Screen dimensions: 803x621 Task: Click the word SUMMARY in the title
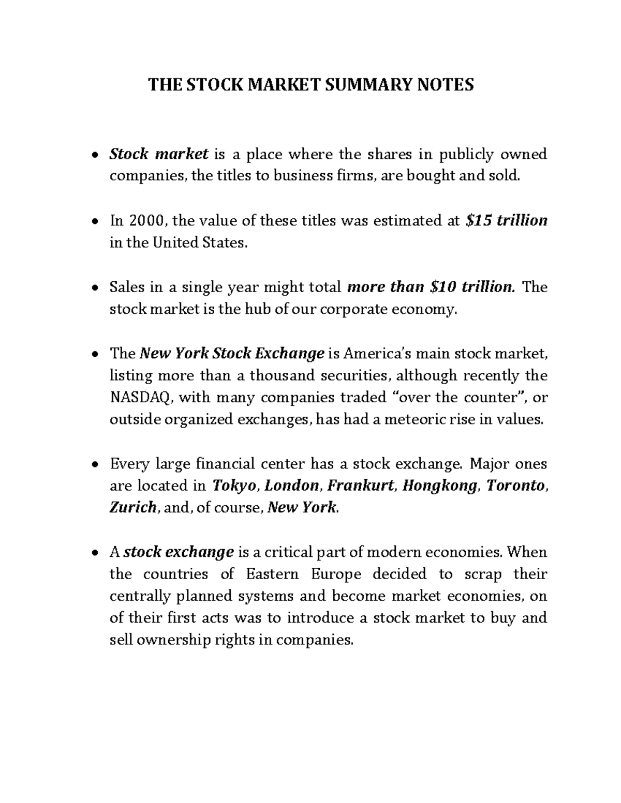(365, 84)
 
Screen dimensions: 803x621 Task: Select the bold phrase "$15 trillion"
(506, 221)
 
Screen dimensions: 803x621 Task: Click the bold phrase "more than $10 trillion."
(431, 287)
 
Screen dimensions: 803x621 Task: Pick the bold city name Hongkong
(440, 486)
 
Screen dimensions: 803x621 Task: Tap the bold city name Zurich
(133, 507)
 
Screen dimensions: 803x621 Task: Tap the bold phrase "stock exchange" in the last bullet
(179, 552)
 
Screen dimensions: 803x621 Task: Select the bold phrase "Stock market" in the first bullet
(159, 154)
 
